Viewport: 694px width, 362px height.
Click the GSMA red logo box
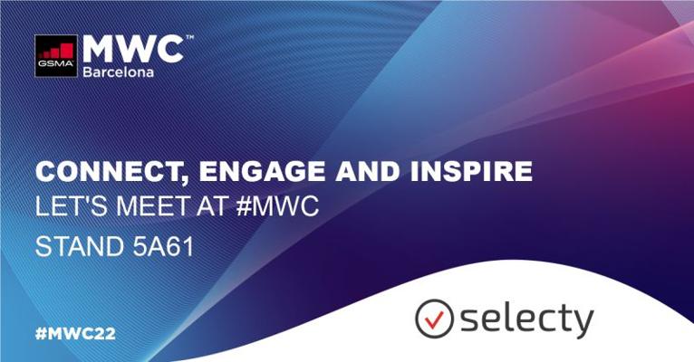point(56,56)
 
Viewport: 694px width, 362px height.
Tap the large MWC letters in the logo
point(133,49)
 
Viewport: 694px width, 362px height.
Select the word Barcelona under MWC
point(118,72)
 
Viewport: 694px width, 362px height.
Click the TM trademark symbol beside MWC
point(189,37)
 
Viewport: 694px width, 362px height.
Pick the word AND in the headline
point(367,171)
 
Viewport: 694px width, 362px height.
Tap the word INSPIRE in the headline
point(471,171)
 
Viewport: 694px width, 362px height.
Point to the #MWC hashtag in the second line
point(277,206)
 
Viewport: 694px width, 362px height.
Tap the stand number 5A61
point(163,247)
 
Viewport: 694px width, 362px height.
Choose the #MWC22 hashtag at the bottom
point(75,334)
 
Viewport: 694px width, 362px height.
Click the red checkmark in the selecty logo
point(435,319)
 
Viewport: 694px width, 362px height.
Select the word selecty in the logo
point(527,319)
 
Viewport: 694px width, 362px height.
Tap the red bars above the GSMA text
point(57,51)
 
